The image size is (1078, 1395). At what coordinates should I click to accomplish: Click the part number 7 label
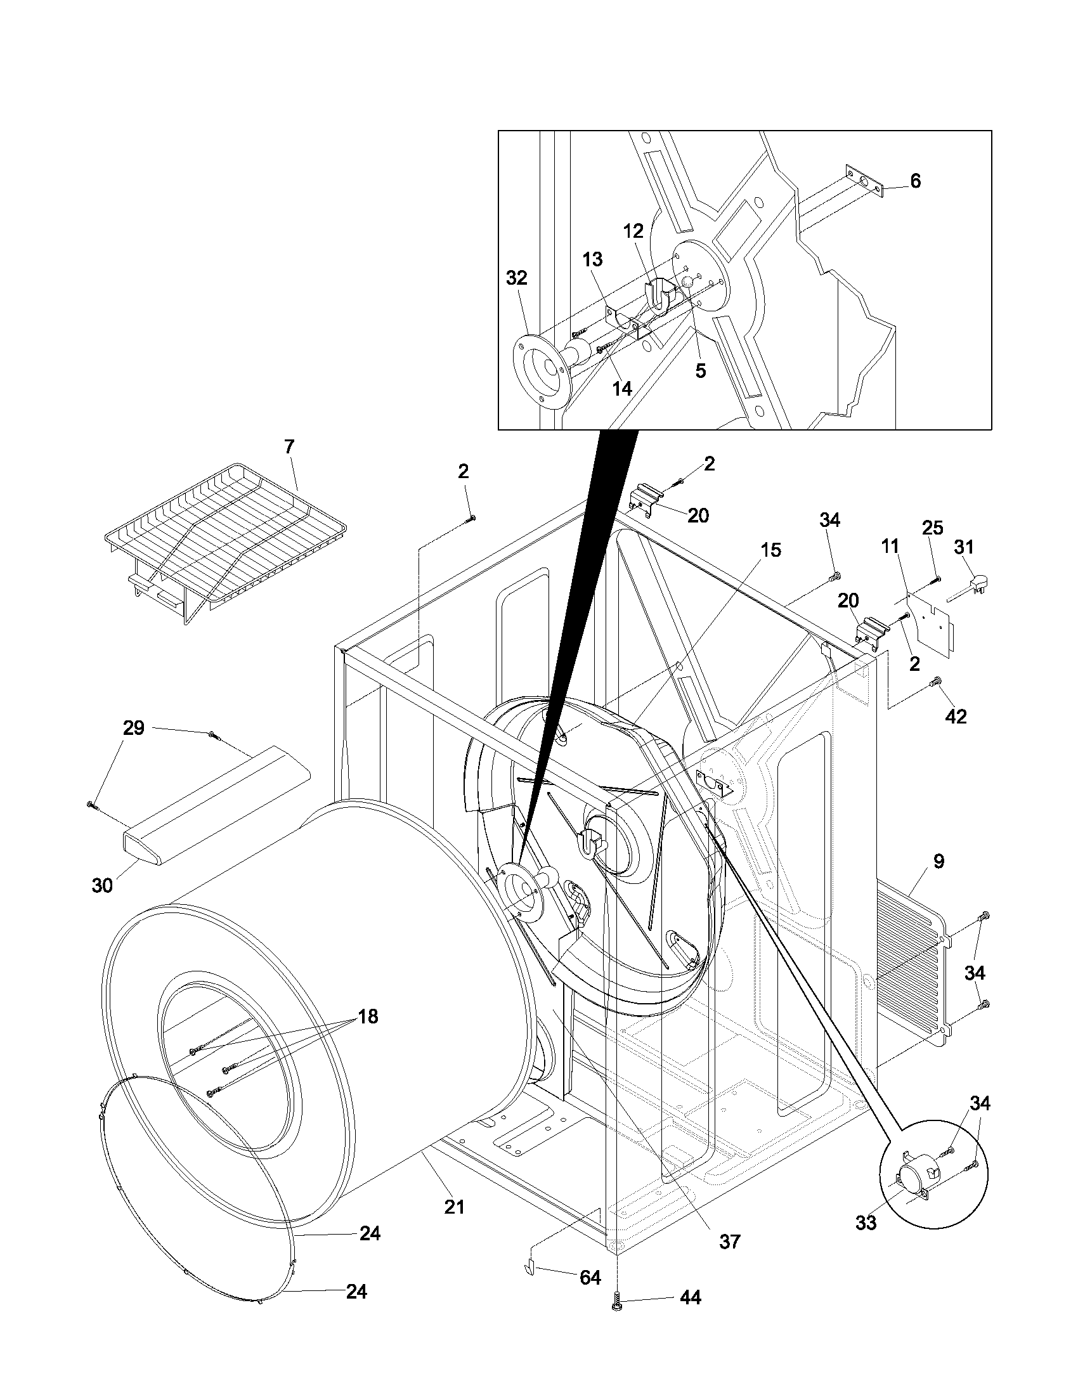(x=289, y=447)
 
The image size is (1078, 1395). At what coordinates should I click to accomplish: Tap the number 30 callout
(x=102, y=885)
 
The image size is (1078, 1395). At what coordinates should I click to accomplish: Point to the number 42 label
(x=956, y=717)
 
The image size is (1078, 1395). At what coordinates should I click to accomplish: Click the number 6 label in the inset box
(x=915, y=181)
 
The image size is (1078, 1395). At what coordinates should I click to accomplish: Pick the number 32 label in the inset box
(x=517, y=278)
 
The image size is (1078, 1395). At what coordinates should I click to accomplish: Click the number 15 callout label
(x=771, y=550)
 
